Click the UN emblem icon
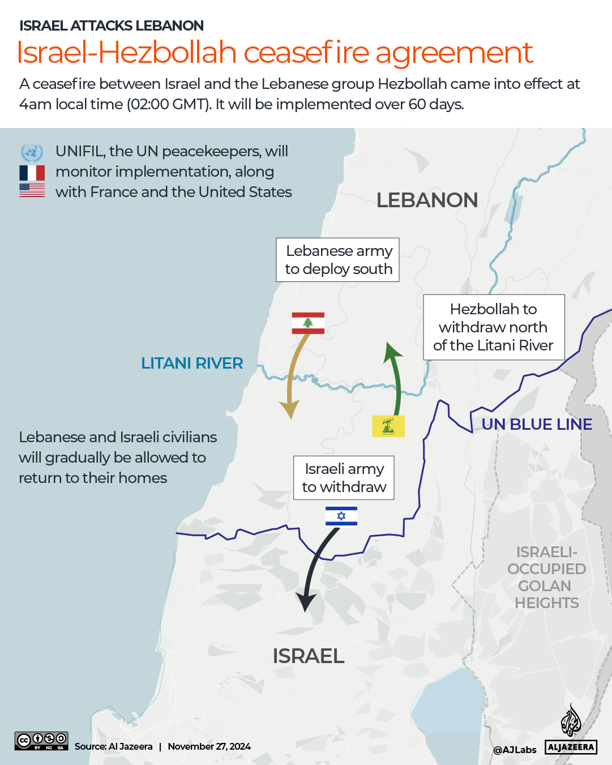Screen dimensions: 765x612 point(32,152)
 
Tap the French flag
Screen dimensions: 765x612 point(32,173)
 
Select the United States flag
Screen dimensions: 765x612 point(32,190)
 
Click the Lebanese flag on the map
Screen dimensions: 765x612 point(308,323)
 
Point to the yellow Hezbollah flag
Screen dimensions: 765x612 point(388,426)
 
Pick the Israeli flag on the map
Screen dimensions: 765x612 point(341,516)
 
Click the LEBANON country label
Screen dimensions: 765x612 point(427,200)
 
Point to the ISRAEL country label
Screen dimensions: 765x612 point(309,656)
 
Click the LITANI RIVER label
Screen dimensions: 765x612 point(192,363)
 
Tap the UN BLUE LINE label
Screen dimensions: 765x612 point(537,424)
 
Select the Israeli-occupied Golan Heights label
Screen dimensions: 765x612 point(546,577)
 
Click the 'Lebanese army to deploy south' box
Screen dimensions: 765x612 point(338,260)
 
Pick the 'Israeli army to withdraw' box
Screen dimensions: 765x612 point(344,478)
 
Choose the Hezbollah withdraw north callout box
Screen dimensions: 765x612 point(494,327)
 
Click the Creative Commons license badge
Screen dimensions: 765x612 point(41,741)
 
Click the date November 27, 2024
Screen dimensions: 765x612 point(209,746)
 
